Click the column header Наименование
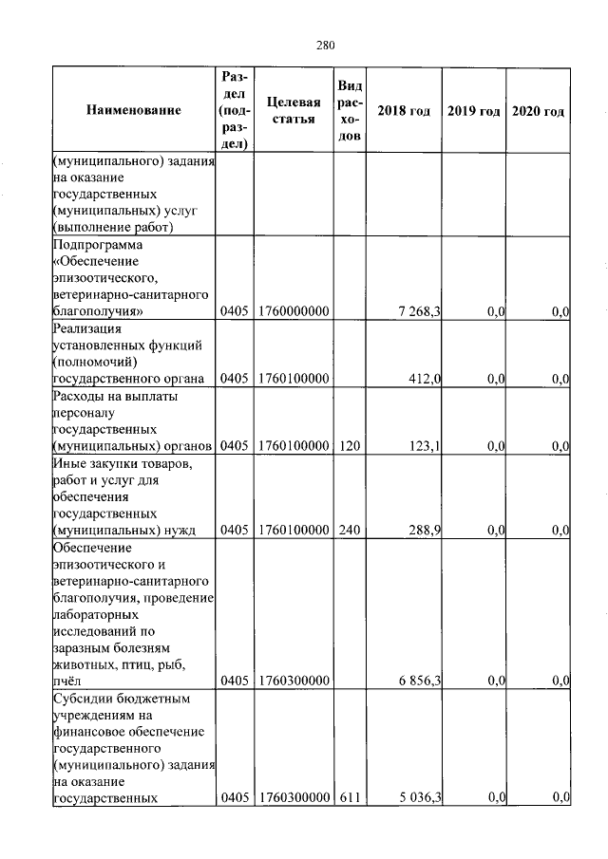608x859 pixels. pos(133,111)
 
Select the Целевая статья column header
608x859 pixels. pos(292,111)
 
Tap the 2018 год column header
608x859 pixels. pos(404,111)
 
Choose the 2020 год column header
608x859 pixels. pos(538,111)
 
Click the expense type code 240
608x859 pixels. pos(349,530)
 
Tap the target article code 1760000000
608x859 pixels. pos(292,311)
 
